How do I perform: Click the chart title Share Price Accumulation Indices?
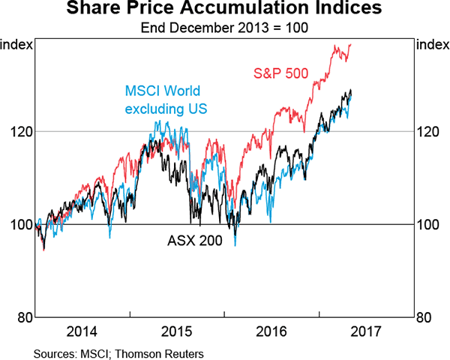(224, 10)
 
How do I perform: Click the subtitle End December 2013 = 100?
(224, 28)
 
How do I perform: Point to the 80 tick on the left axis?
(24, 316)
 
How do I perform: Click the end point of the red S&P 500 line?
(351, 44)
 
